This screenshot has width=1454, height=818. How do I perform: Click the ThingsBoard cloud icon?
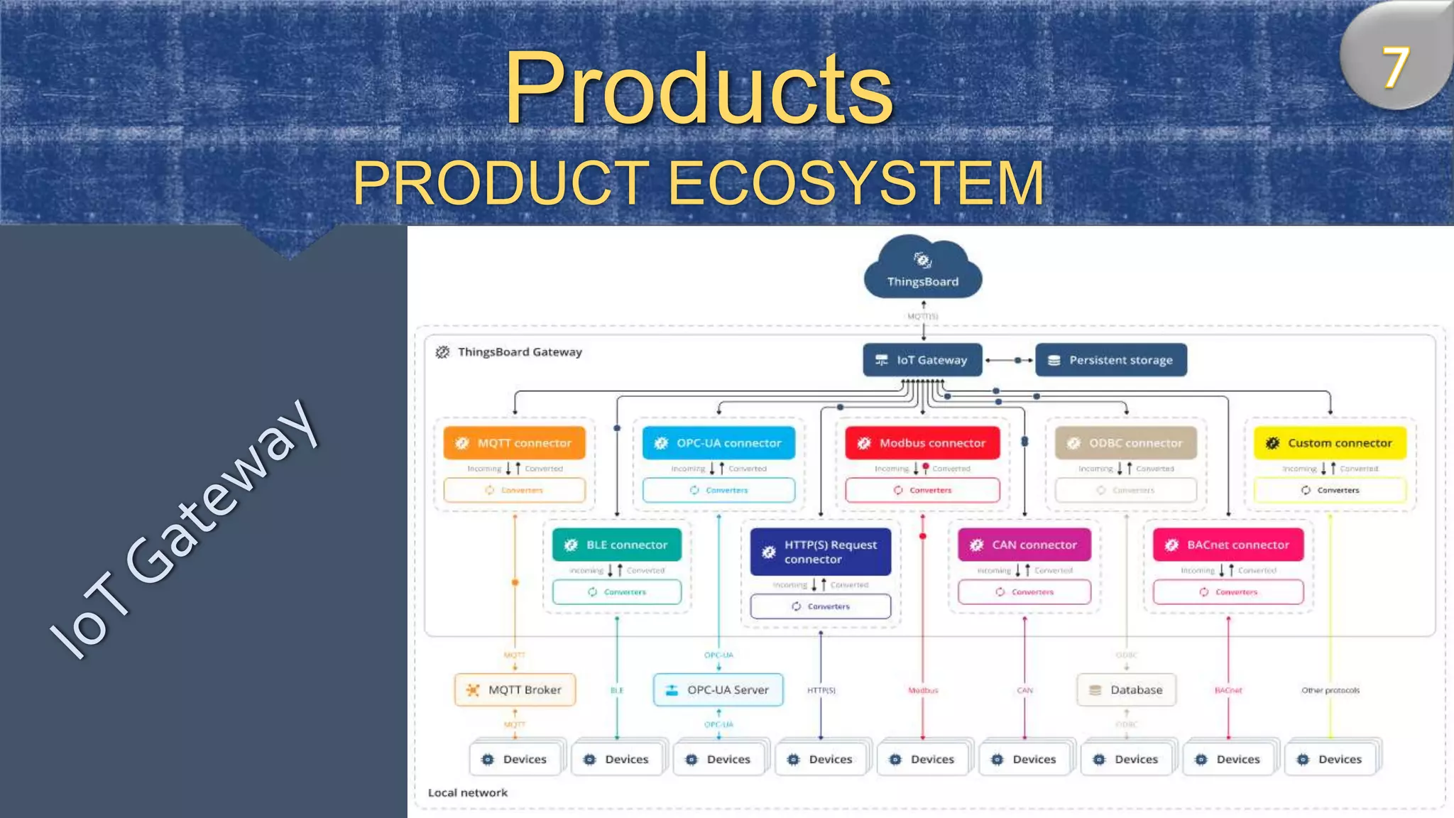pyautogui.click(x=922, y=270)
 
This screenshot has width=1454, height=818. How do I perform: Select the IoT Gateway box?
pyautogui.click(x=922, y=360)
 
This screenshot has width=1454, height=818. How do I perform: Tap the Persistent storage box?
pyautogui.click(x=1110, y=360)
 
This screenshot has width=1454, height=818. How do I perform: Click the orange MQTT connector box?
pyautogui.click(x=514, y=443)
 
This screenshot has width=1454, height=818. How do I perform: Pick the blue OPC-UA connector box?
pyautogui.click(x=718, y=443)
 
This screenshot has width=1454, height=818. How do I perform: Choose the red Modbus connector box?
pyautogui.click(x=922, y=443)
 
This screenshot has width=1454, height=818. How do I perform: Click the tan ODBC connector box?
pyautogui.click(x=1126, y=443)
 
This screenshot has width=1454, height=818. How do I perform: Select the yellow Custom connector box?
pyautogui.click(x=1330, y=443)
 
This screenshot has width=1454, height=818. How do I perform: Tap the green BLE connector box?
pyautogui.click(x=616, y=545)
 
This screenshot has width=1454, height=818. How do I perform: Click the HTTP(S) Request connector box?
pyautogui.click(x=820, y=552)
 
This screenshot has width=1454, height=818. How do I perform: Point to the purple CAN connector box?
pyautogui.click(x=1024, y=545)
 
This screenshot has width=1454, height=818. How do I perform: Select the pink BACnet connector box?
pyautogui.click(x=1228, y=545)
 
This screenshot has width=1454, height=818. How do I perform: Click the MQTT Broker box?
pyautogui.click(x=515, y=689)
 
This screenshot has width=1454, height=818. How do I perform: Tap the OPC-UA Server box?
pyautogui.click(x=718, y=689)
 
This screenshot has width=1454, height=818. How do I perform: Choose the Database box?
pyautogui.click(x=1126, y=689)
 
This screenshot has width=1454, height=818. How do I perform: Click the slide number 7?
pyautogui.click(x=1394, y=68)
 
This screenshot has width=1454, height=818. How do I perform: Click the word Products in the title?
pyautogui.click(x=699, y=88)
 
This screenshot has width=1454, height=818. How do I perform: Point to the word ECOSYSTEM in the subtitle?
pyautogui.click(x=856, y=183)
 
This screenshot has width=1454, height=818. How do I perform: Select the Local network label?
pyautogui.click(x=467, y=792)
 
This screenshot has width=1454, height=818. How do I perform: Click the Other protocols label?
pyautogui.click(x=1330, y=690)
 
